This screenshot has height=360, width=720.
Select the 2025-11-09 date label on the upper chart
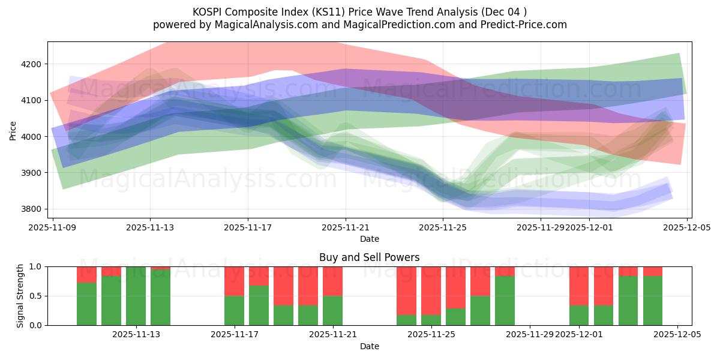53,228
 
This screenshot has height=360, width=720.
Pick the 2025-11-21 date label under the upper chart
346,228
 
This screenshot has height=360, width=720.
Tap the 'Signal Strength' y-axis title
20,296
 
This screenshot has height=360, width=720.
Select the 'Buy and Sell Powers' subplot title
369,257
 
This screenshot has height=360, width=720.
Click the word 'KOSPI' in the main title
207,12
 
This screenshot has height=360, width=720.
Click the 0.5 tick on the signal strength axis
35,296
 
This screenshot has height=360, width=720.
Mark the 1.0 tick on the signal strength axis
35,266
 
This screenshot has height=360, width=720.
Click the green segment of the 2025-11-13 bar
136,296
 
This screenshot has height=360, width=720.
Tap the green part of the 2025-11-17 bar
234,310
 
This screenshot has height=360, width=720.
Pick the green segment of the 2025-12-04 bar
653,301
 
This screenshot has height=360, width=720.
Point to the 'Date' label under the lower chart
369,346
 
